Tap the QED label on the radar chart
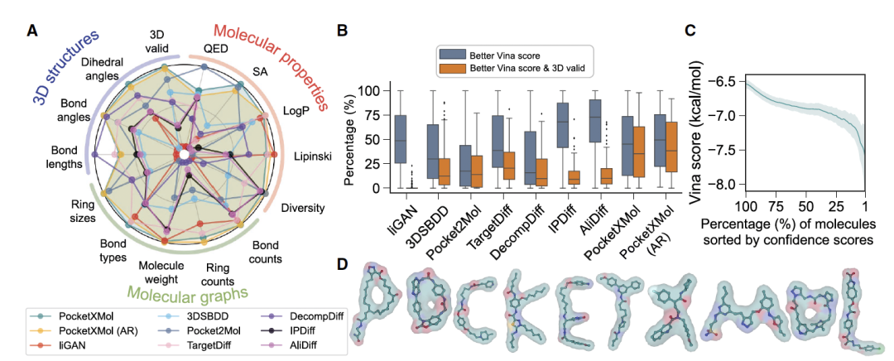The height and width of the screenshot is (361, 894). (215, 49)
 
